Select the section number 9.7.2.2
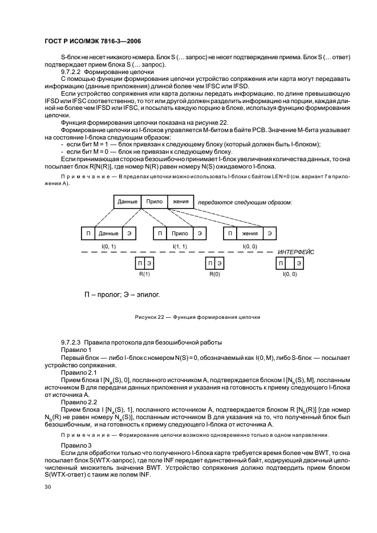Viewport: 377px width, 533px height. point(72,72)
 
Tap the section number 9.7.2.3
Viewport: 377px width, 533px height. point(72,341)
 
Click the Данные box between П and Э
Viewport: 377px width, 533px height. point(108,233)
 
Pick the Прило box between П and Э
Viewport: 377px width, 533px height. point(180,233)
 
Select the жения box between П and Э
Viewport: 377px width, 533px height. point(249,233)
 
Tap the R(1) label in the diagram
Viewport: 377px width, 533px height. point(144,274)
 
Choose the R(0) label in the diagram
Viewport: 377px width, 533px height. point(214,274)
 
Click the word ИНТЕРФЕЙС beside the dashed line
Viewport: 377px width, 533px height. point(296,252)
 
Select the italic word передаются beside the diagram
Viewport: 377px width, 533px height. point(215,202)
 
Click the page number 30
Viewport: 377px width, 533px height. point(48,487)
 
